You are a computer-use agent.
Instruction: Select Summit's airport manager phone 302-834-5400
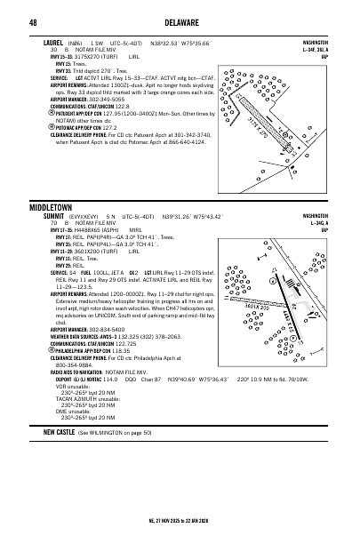(x=114, y=328)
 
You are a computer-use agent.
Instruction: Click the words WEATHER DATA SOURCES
(x=75, y=336)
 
